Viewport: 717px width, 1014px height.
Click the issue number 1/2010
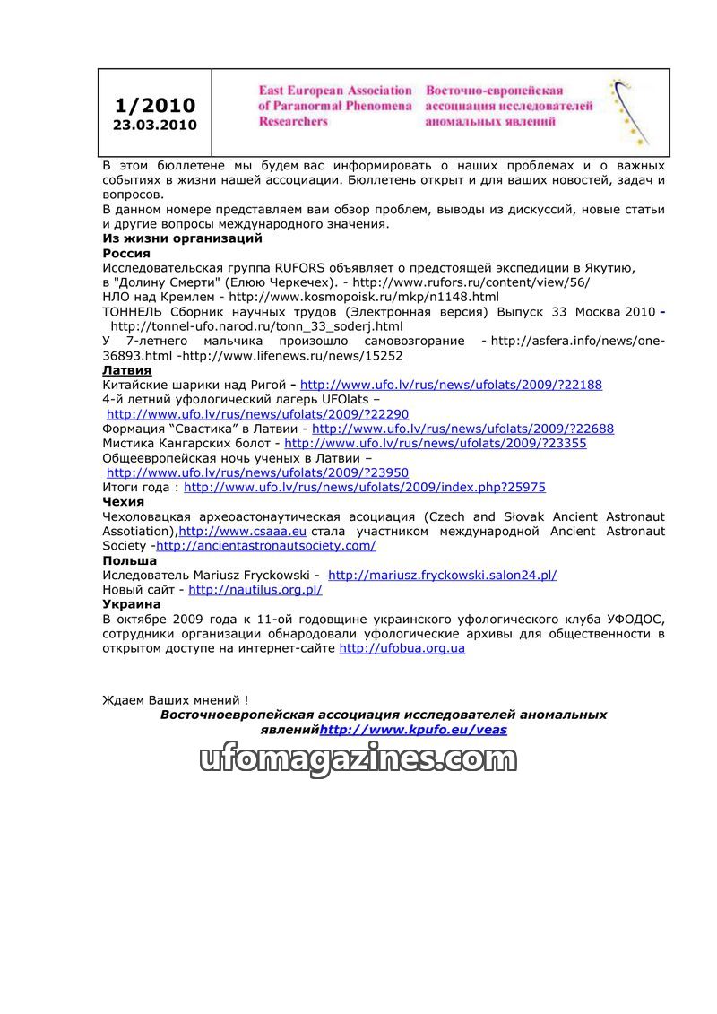[x=154, y=106]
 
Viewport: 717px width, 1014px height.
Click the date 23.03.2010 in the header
[x=154, y=126]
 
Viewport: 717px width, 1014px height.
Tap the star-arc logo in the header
[x=630, y=111]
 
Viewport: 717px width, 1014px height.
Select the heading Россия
[x=126, y=253]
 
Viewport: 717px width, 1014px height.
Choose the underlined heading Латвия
[x=126, y=370]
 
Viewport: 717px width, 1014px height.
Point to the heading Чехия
[x=123, y=502]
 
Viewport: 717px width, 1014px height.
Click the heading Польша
[x=129, y=560]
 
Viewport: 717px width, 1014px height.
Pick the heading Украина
[x=132, y=604]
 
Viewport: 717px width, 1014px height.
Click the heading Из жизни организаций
[x=182, y=238]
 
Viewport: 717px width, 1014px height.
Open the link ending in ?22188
[x=451, y=385]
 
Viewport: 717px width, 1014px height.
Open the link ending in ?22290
[x=257, y=414]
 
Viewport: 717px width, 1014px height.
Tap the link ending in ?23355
[x=436, y=443]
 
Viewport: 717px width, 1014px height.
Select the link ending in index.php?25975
[x=364, y=487]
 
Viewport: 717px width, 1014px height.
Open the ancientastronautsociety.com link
[x=265, y=545]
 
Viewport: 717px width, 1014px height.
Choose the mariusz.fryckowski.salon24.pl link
[x=443, y=575]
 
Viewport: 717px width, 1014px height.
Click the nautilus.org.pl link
[x=255, y=589]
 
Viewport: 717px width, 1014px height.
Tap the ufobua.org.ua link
[x=402, y=648]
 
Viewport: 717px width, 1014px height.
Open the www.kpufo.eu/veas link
[x=413, y=730]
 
